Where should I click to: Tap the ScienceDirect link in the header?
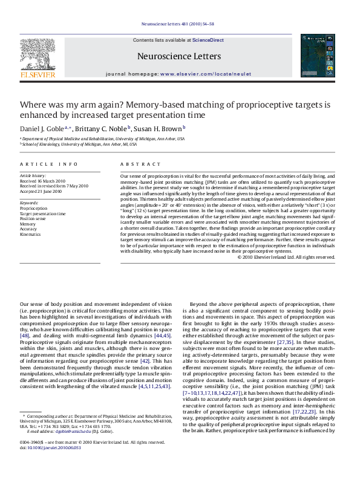click(x=208, y=40)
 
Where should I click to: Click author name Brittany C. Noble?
click(x=100, y=129)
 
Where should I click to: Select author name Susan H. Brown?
click(x=158, y=129)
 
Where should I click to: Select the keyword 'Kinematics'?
click(x=31, y=233)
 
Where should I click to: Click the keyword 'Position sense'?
click(x=33, y=218)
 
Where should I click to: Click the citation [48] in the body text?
click(x=25, y=335)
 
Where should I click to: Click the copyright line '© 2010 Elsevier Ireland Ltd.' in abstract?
click(x=286, y=274)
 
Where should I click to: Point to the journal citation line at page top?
click(x=180, y=24)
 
